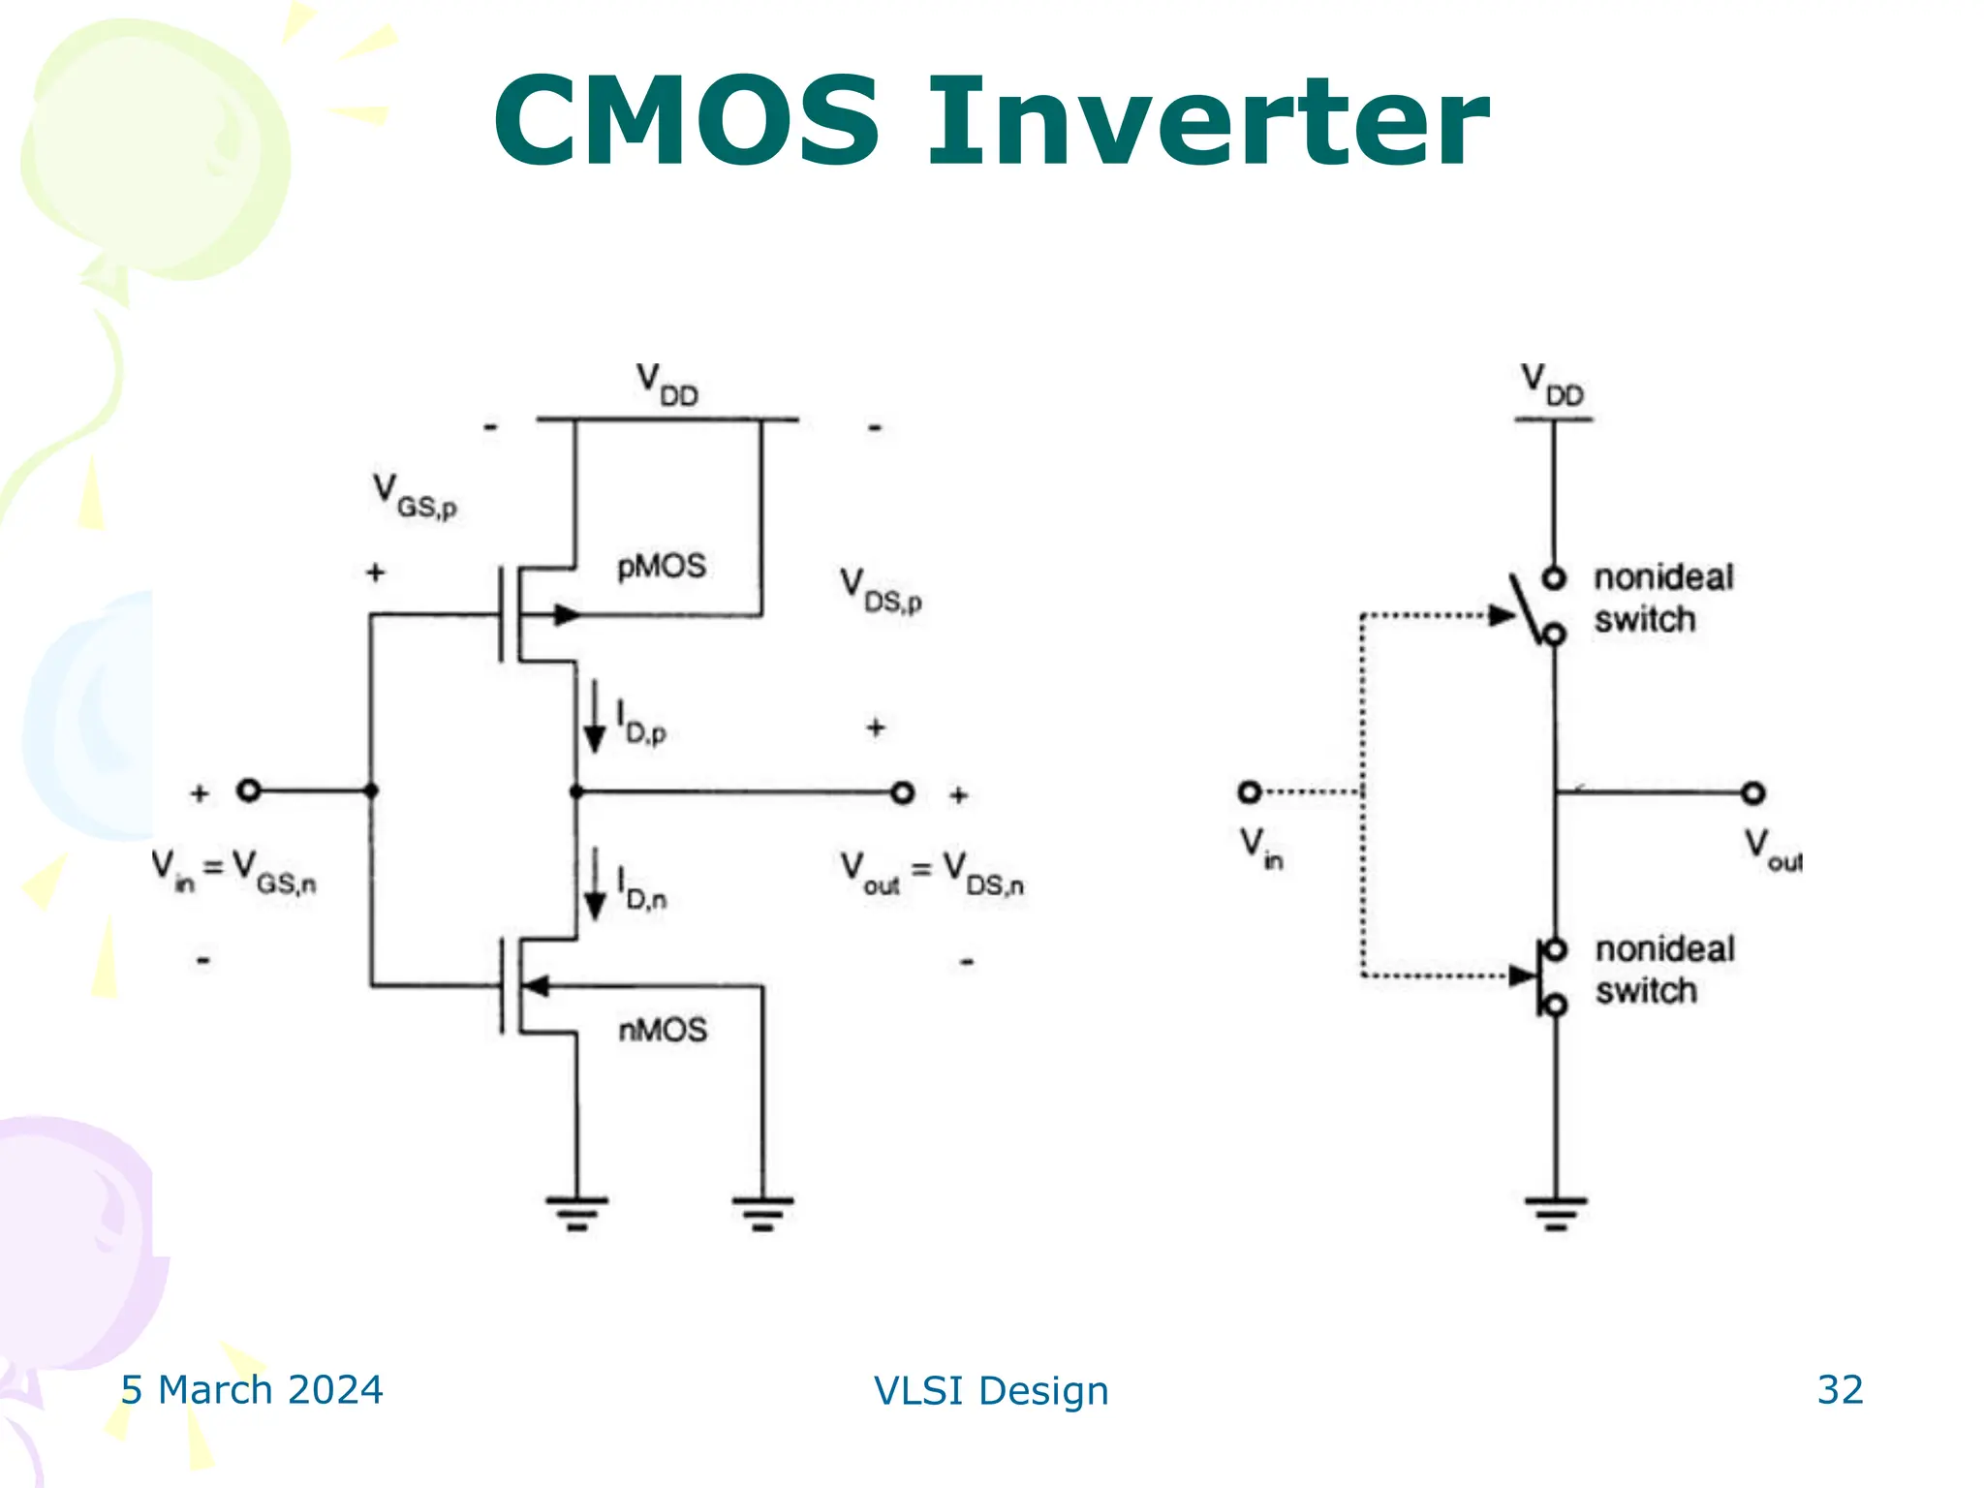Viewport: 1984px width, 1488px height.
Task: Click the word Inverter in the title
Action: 1207,123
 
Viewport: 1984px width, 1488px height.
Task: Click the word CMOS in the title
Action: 686,123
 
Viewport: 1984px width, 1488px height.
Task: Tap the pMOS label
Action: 662,566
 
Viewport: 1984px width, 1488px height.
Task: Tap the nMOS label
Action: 663,1029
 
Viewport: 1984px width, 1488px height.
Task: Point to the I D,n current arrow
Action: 595,884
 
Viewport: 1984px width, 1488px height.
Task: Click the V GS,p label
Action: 415,495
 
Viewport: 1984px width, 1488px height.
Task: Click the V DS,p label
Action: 880,590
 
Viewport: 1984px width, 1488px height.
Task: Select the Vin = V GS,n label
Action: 233,870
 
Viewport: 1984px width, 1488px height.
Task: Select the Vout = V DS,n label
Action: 931,872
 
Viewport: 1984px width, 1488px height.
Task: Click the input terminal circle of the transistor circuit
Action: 249,790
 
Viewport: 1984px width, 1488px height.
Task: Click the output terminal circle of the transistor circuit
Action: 902,793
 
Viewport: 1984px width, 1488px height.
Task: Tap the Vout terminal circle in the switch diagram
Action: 1752,793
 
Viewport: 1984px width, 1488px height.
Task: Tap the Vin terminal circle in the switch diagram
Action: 1250,792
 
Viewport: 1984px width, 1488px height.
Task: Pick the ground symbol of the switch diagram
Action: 1556,1212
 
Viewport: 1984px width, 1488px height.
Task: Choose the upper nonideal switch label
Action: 1663,598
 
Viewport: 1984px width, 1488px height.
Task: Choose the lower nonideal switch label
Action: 1664,970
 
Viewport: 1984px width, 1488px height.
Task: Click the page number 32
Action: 1840,1389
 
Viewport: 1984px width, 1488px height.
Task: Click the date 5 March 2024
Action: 252,1389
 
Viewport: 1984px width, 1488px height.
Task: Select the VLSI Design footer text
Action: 991,1390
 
